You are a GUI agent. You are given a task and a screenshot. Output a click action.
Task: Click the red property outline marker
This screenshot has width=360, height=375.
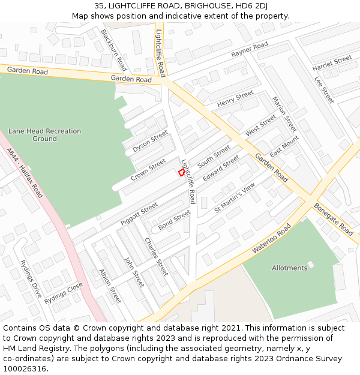[181, 172]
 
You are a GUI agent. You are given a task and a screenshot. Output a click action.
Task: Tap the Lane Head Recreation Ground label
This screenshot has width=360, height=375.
[44, 135]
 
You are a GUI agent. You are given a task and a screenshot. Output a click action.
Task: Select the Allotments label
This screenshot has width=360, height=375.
[289, 268]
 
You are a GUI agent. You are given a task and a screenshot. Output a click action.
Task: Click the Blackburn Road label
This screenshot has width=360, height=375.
[113, 50]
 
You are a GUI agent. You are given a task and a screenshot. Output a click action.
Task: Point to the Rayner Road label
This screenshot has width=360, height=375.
[250, 50]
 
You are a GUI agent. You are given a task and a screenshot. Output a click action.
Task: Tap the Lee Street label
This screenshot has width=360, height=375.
[324, 89]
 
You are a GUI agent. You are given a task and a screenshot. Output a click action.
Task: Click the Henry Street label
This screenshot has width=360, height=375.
[235, 99]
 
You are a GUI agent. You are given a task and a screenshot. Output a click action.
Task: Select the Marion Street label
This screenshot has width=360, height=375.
[284, 114]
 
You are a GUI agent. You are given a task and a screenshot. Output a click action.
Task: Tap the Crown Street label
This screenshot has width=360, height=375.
[148, 169]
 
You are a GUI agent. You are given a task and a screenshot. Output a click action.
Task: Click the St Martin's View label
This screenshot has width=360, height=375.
[235, 198]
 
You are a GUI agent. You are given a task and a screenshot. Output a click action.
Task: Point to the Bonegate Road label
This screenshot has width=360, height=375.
[334, 218]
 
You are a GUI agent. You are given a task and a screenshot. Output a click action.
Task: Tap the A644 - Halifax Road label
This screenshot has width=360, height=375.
[25, 174]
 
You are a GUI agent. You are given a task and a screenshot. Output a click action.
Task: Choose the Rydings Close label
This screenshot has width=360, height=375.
[63, 293]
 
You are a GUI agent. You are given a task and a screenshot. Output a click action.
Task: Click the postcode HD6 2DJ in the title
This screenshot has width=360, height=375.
[251, 6]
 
